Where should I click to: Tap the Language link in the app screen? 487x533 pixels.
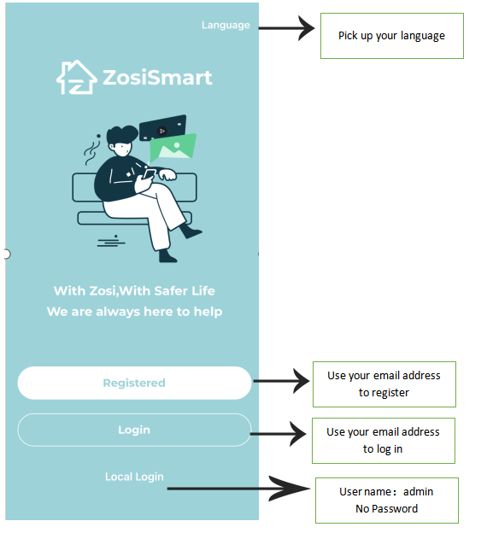point(226,25)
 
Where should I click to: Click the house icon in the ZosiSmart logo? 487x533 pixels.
point(77,77)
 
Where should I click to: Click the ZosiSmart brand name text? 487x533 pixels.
point(157,78)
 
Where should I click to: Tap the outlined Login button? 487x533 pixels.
point(134,430)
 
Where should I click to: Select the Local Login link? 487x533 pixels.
point(134,477)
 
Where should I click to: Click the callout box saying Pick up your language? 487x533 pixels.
point(392,36)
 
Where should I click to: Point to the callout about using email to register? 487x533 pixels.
point(384,384)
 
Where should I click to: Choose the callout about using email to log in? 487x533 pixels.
point(384,441)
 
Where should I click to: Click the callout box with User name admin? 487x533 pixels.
point(387,501)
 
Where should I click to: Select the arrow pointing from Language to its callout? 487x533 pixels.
point(286,28)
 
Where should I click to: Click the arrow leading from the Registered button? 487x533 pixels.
point(282,381)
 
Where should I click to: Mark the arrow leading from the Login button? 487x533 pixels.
point(279,434)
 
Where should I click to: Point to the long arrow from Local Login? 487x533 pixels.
point(238,489)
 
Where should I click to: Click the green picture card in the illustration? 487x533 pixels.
point(173,148)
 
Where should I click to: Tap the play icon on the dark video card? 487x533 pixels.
point(161,131)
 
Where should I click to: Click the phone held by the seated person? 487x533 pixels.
point(150,174)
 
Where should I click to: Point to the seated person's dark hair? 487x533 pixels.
point(121,135)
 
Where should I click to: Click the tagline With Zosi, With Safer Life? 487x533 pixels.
point(134,291)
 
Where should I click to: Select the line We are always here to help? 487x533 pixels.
point(135,312)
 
